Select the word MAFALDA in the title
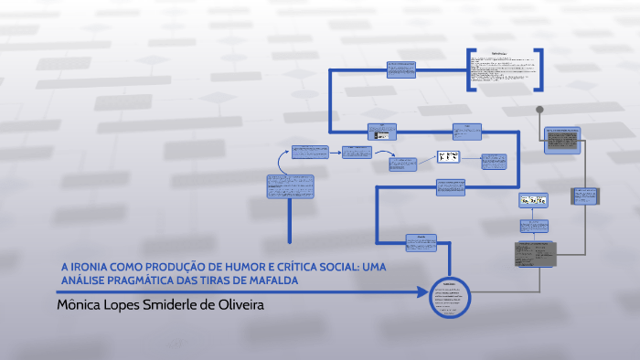coord(273,280)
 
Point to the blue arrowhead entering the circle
coord(422,293)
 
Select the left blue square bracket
coord(469,69)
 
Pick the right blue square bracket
coord(538,69)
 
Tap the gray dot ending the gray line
coord(540,111)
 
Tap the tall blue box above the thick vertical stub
coord(290,185)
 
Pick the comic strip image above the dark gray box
coord(533,200)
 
